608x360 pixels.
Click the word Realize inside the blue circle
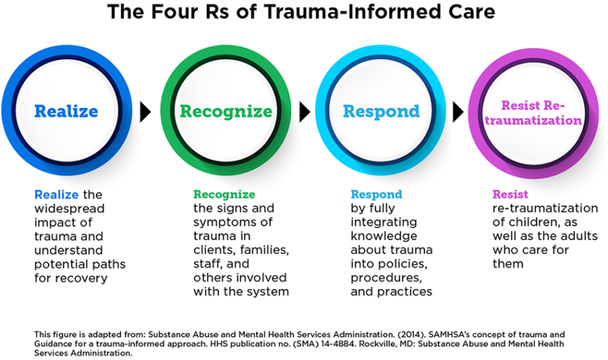pos(66,112)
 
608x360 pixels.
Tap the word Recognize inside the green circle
pos(225,112)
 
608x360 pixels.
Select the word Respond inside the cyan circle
pos(381,112)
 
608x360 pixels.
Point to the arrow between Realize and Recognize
pos(146,112)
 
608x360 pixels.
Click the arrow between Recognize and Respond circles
pos(304,112)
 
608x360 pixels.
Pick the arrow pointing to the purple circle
pos(459,112)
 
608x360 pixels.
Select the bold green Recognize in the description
pos(224,194)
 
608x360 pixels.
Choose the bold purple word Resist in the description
pos(510,194)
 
